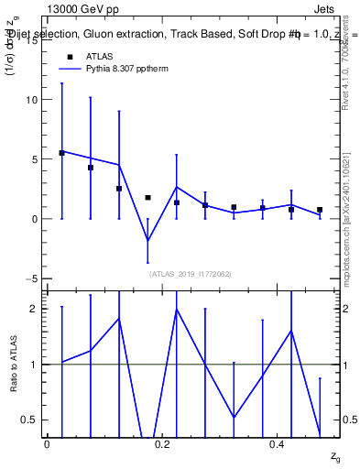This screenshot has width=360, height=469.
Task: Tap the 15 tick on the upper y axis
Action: pos(35,39)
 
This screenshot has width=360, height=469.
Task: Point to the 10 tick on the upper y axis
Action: pos(35,99)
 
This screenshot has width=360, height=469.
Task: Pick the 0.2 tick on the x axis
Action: pos(162,443)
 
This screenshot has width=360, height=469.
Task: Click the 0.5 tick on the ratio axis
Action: pos(30,420)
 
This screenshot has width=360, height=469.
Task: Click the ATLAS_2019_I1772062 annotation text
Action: pos(190,273)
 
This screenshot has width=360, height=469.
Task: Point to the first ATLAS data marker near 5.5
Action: pos(61,153)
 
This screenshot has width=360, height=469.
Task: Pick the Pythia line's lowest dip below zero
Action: pos(147,241)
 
